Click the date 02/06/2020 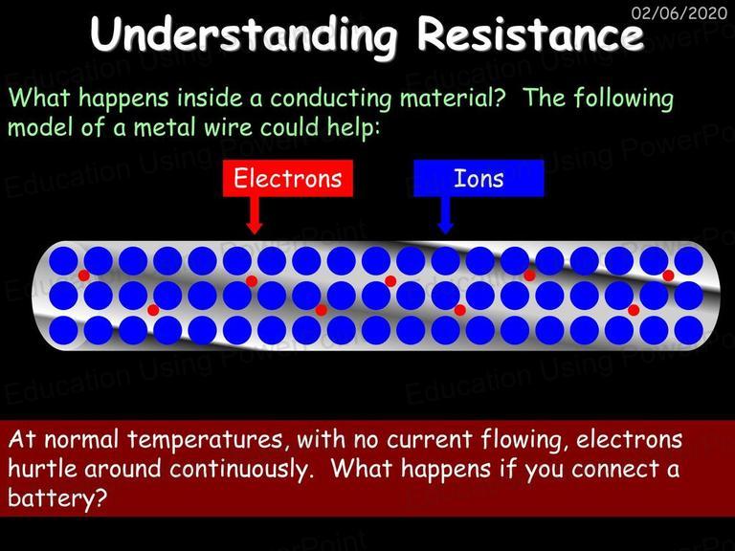pos(679,12)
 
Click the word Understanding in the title pos(243,34)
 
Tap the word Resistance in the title pos(530,33)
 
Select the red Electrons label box pos(288,178)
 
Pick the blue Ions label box pos(479,178)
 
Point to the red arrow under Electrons pos(254,215)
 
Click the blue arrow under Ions pos(445,215)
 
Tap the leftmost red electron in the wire pos(84,275)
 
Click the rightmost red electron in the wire pos(668,275)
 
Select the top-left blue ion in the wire pos(63,261)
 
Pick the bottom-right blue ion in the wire pos(689,330)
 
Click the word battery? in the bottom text pos(57,497)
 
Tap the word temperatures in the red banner pos(205,440)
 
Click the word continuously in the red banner pos(240,470)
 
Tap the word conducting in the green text pos(330,99)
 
